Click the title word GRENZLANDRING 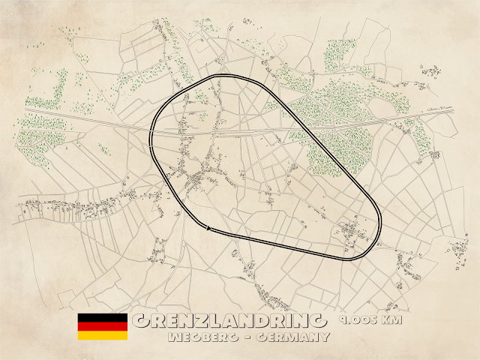tap(229, 322)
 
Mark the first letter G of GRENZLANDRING tap(140, 322)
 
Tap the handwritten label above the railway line tap(440, 110)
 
